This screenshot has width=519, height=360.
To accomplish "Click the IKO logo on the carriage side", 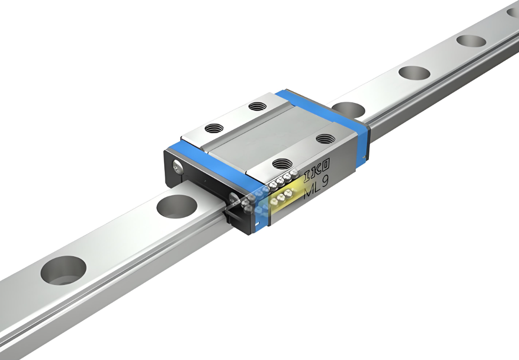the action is coord(317,166).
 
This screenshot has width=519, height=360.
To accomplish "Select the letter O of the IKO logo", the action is coord(326,163).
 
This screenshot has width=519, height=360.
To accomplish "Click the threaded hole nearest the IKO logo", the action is coord(281,163).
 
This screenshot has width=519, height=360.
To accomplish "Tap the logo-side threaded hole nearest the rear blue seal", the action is coord(325,139).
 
